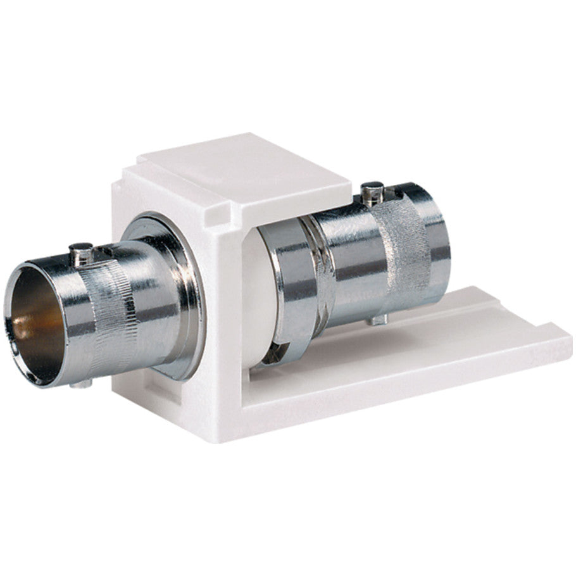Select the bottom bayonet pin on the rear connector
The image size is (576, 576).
(x=377, y=320)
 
